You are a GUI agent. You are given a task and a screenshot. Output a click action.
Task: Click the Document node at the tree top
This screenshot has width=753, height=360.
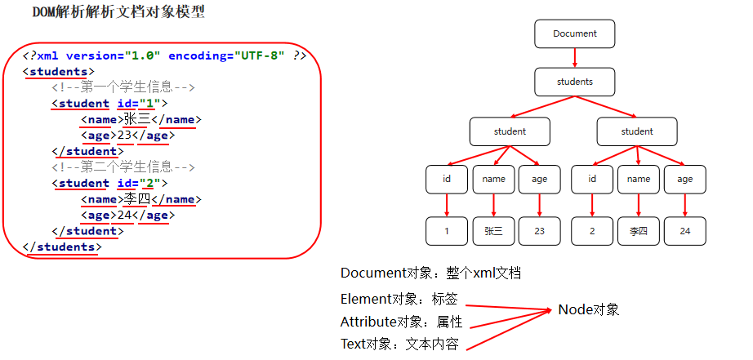tap(574, 34)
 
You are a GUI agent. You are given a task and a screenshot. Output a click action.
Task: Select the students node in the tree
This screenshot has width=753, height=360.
tap(574, 82)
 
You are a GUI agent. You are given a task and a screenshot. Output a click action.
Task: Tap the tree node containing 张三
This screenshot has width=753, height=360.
tap(493, 231)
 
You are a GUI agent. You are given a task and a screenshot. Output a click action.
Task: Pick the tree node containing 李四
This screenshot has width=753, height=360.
tap(638, 231)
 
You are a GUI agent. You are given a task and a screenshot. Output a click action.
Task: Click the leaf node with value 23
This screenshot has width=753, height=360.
tap(539, 231)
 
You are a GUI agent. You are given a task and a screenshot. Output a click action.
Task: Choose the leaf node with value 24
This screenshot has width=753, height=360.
tap(684, 231)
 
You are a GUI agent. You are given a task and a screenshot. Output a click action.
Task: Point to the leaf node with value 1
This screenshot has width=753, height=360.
tap(446, 231)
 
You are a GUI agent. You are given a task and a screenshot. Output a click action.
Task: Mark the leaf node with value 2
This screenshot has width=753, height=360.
tap(591, 231)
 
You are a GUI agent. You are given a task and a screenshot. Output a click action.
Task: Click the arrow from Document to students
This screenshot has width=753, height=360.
tap(574, 57)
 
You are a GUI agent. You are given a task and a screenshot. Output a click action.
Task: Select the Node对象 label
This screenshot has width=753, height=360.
tap(589, 309)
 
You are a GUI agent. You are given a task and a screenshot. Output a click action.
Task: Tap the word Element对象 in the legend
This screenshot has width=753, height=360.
tap(376, 299)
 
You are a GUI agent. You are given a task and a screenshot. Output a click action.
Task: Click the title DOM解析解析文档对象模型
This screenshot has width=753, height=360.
tap(118, 12)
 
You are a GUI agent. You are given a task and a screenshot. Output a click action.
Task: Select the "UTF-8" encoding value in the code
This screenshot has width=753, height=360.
tap(259, 56)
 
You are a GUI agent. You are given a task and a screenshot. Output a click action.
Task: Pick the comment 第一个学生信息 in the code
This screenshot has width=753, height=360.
tap(123, 87)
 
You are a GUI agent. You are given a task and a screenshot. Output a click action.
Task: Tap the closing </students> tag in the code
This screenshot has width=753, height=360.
tap(63, 247)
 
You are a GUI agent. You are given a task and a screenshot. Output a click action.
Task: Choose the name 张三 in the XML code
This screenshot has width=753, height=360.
tap(136, 120)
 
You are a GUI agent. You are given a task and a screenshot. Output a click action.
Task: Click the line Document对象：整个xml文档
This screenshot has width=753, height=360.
tap(430, 273)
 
